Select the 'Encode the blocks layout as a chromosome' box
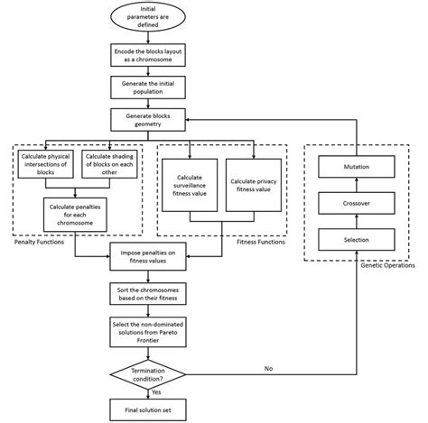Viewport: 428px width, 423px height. (x=147, y=55)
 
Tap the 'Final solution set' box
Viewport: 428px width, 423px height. (x=147, y=407)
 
